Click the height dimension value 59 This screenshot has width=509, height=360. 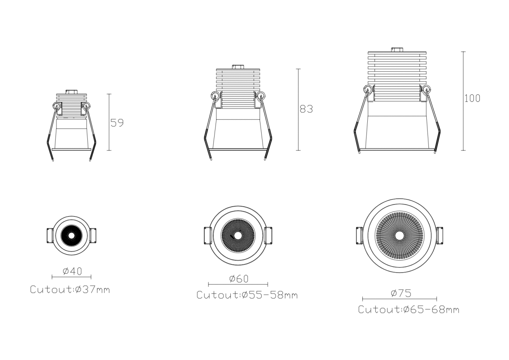tap(117, 123)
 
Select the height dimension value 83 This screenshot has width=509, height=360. tap(306, 109)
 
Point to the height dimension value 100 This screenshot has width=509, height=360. tap(472, 98)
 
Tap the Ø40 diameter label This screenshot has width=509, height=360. tap(72, 271)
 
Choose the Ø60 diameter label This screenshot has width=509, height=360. tap(239, 278)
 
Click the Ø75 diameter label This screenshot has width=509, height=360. tap(401, 293)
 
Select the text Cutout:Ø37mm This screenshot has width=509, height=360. tap(70, 290)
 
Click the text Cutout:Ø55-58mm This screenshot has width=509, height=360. tap(247, 295)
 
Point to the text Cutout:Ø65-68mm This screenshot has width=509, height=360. tap(408, 309)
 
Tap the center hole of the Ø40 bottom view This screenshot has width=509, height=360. tap(71, 236)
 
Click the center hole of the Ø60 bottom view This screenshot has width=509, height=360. tap(238, 236)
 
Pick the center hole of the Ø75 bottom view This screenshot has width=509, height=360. tap(399, 235)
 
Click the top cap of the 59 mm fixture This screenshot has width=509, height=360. tap(71, 92)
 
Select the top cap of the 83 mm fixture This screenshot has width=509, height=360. tap(238, 67)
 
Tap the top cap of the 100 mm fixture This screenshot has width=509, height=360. tap(397, 50)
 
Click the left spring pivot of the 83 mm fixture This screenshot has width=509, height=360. tap(215, 95)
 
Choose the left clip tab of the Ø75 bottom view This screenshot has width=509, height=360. tap(359, 236)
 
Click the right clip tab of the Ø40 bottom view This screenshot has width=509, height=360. tap(93, 236)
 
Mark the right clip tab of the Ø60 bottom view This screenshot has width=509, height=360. tap(268, 236)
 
